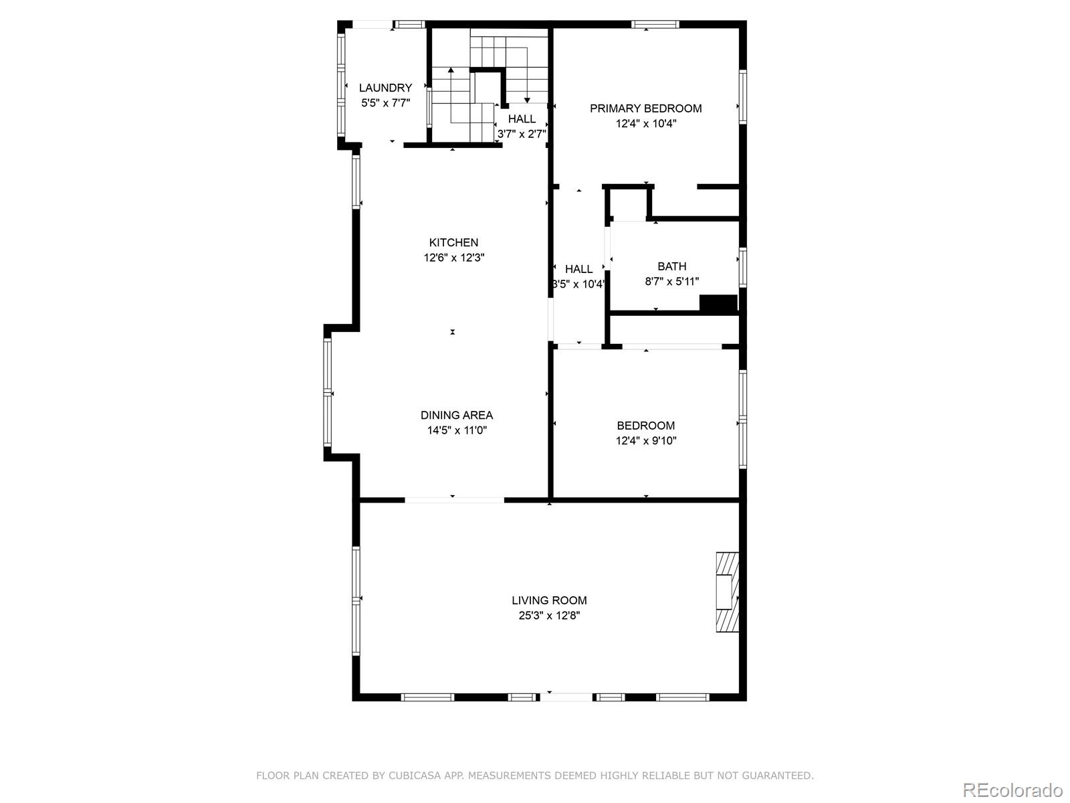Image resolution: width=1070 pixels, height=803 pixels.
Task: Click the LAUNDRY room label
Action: (385, 88)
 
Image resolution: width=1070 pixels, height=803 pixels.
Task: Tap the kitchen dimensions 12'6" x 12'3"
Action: (453, 258)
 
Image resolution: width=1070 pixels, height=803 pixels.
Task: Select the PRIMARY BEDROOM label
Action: (645, 108)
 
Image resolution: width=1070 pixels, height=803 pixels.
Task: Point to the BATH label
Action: (671, 266)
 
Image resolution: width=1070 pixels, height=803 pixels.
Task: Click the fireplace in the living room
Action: (728, 592)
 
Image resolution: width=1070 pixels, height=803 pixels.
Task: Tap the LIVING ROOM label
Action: (549, 601)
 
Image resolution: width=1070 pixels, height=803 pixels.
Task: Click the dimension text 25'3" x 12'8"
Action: (549, 616)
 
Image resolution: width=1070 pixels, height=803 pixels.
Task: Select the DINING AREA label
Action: (457, 416)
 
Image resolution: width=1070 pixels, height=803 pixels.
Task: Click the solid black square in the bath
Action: (718, 303)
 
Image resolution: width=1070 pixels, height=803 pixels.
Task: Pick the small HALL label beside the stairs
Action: (522, 119)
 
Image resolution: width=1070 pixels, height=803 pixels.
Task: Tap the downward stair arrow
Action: (527, 98)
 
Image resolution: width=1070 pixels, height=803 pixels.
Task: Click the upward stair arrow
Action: (451, 70)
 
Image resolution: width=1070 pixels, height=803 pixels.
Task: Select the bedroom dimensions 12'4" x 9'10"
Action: (646, 441)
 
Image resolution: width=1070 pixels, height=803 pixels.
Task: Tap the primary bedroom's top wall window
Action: (655, 25)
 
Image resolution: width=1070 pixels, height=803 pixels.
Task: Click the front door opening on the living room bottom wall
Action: (566, 697)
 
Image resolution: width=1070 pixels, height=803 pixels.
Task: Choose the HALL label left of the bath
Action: (578, 269)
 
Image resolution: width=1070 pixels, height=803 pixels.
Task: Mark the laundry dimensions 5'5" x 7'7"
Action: (385, 103)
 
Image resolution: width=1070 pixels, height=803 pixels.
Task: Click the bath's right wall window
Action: (742, 267)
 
